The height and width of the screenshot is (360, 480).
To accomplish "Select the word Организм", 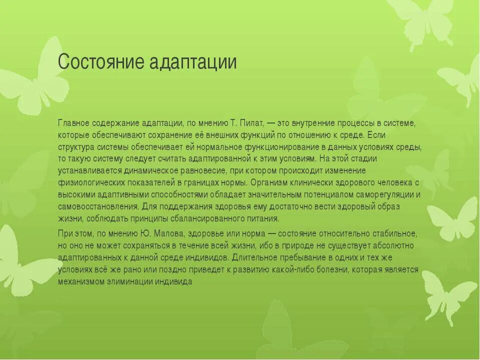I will tap(268, 182).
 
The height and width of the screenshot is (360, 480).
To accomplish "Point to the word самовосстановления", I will tap(97, 206).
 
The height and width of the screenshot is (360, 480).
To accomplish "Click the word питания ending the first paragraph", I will tap(262, 218).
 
